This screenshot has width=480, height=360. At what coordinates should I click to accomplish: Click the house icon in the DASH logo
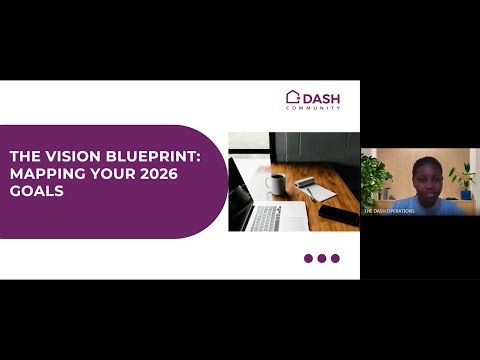pos(293,97)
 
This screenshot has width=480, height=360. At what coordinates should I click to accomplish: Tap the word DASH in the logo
pos(321,97)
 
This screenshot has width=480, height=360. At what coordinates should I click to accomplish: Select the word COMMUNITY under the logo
pos(320,108)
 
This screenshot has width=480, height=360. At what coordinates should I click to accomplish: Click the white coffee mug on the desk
pos(275,183)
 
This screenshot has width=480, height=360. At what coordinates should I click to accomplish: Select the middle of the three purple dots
pos(322,258)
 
